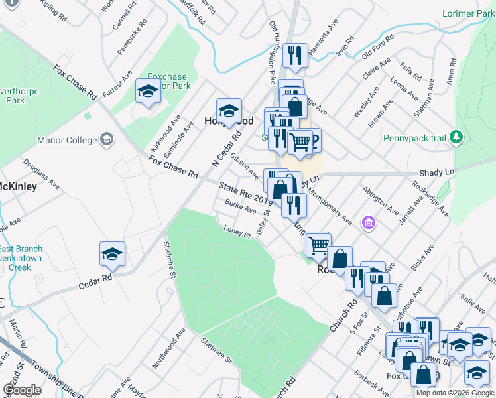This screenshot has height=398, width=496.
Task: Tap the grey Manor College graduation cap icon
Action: coord(106,139)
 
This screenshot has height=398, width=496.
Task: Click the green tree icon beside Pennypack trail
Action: coord(456,137)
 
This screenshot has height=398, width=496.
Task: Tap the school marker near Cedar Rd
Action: coord(112,253)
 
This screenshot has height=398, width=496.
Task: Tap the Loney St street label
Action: coord(237,232)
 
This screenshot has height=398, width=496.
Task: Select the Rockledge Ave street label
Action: coord(430,198)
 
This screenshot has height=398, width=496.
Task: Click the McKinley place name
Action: coord(18,186)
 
